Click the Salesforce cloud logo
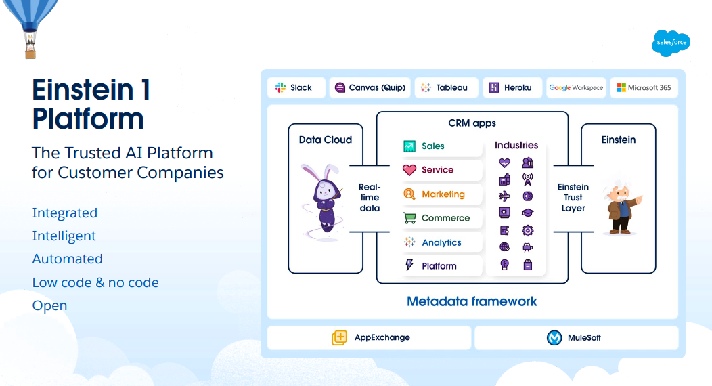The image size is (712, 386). [671, 43]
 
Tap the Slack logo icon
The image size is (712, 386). [280, 87]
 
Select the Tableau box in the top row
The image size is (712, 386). [446, 87]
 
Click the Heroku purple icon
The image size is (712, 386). [493, 87]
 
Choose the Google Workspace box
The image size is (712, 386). [576, 87]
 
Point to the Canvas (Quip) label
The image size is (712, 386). [377, 87]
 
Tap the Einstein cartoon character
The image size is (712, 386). [619, 206]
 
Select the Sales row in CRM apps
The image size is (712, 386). [441, 146]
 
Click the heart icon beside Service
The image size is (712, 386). [409, 170]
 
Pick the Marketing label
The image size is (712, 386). [443, 194]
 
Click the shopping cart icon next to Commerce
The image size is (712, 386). [409, 218]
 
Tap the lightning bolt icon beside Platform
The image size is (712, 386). [409, 265]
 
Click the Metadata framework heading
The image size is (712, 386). [472, 301]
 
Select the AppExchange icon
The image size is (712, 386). [339, 337]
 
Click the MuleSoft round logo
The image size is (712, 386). [554, 337]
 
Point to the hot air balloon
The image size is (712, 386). [30, 24]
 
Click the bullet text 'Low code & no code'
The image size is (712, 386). [95, 282]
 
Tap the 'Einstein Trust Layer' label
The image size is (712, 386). [573, 197]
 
